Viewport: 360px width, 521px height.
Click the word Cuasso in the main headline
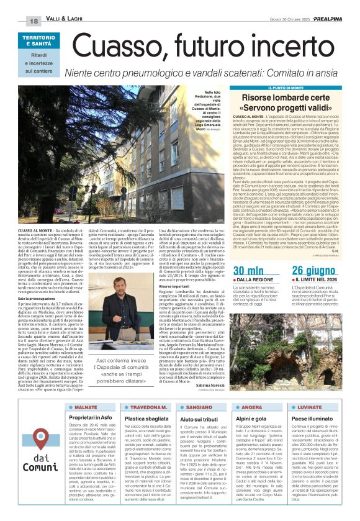[x=124, y=45]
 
